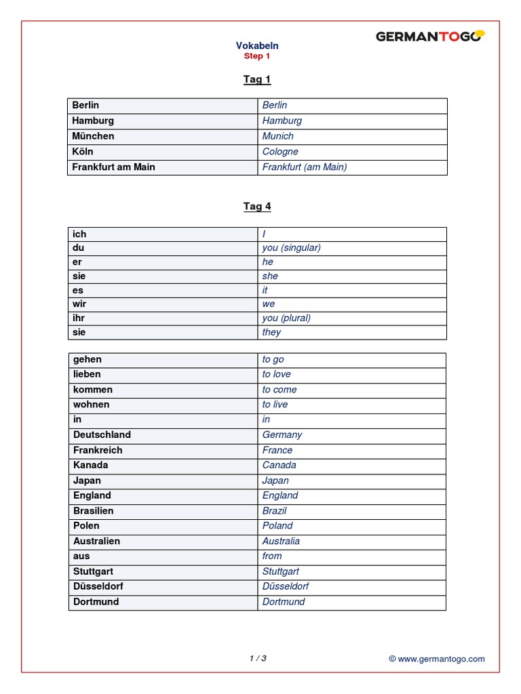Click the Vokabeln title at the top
click(x=257, y=45)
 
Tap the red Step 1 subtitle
click(x=257, y=56)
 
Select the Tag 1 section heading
click(x=257, y=79)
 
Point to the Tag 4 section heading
click(x=257, y=207)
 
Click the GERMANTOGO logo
click(x=430, y=37)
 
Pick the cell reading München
click(x=94, y=136)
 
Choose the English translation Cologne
click(x=280, y=152)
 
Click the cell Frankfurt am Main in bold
click(x=113, y=167)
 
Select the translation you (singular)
click(x=292, y=247)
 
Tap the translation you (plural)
click(x=286, y=318)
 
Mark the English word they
click(x=272, y=332)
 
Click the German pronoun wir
click(x=79, y=304)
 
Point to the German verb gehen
click(x=88, y=359)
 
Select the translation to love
click(x=277, y=374)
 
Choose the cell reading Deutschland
click(x=102, y=434)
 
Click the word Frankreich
click(x=98, y=450)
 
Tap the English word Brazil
click(x=275, y=510)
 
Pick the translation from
click(x=272, y=556)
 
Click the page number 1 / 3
click(x=258, y=658)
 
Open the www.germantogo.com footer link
click(x=441, y=659)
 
